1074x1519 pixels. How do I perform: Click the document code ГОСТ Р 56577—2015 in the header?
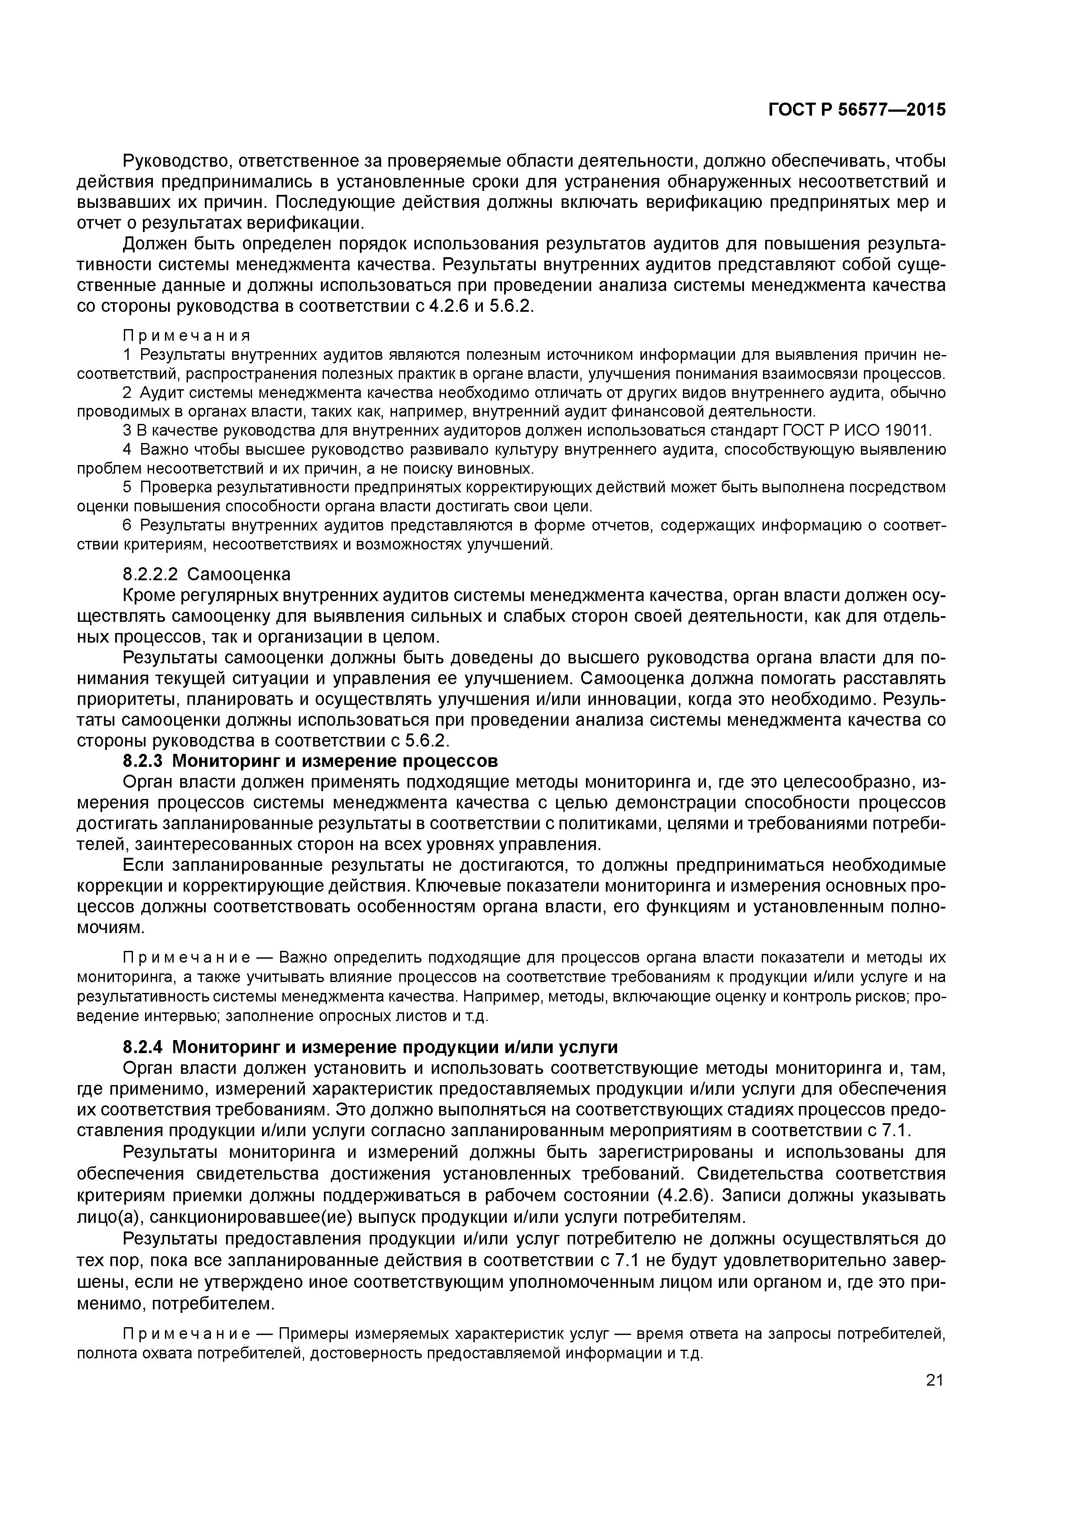pos(857,110)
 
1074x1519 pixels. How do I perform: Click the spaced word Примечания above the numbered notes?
pos(187,336)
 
